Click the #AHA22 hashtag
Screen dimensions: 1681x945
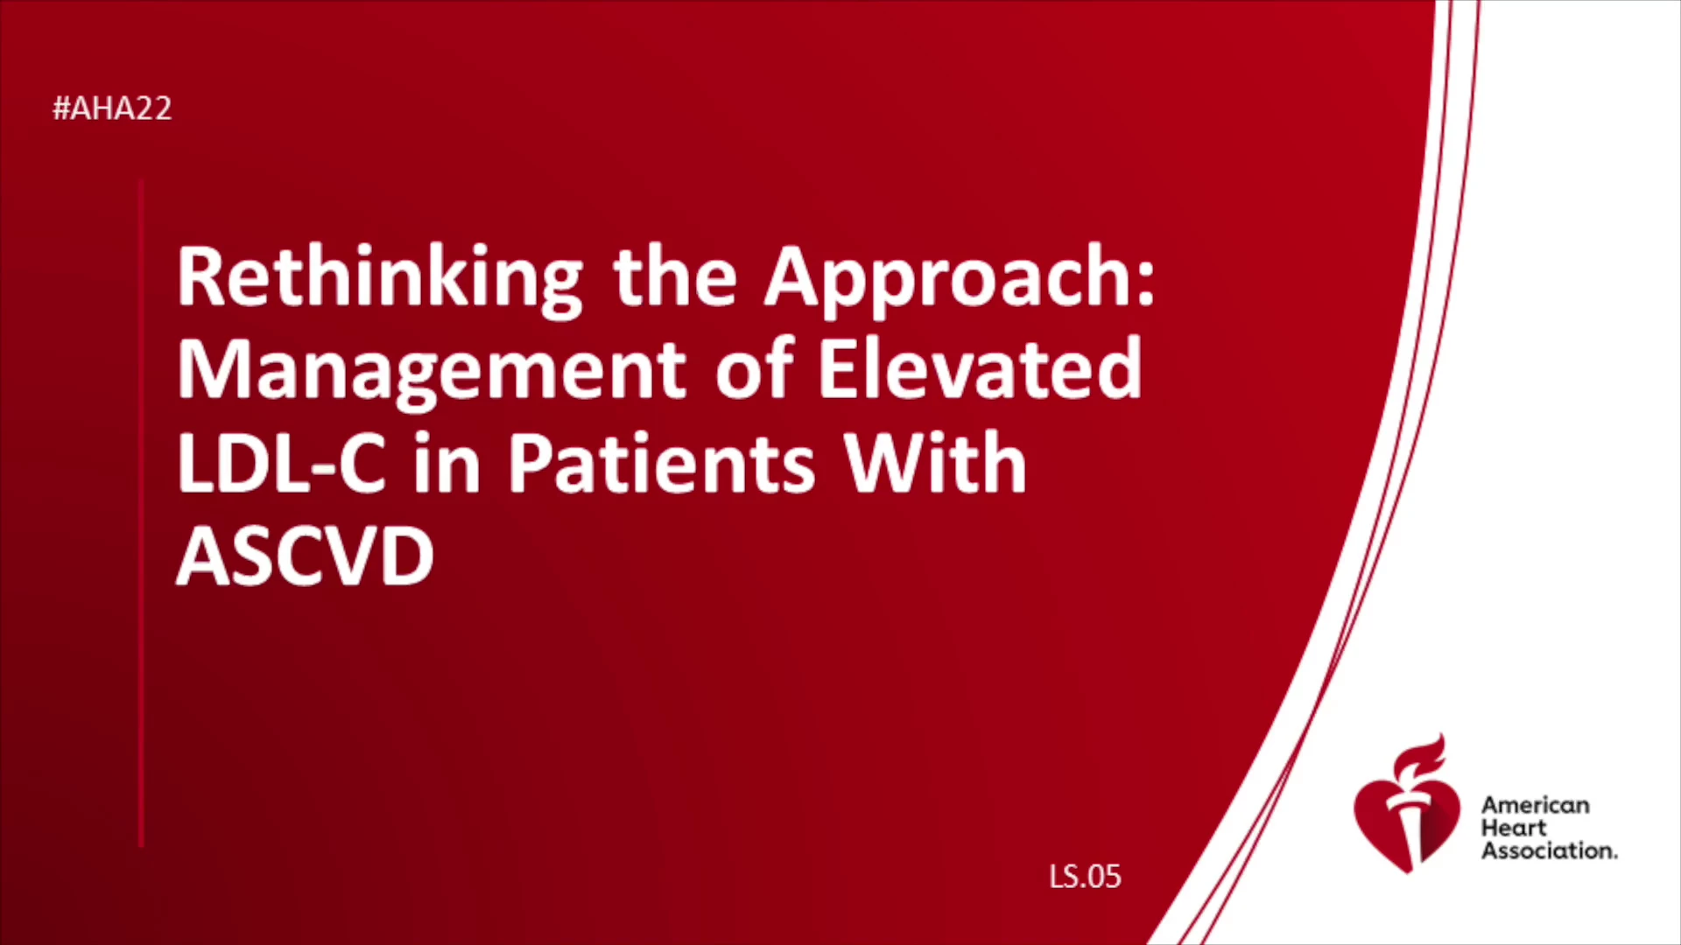(112, 108)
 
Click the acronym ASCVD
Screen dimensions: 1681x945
(306, 556)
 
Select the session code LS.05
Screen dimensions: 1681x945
(1085, 876)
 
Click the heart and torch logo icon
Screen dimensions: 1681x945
(1407, 804)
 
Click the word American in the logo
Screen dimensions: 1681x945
(1535, 805)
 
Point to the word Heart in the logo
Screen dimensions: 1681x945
(1514, 828)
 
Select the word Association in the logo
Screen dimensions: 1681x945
(1549, 850)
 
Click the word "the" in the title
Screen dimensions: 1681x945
(674, 277)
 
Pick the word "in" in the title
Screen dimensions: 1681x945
(447, 463)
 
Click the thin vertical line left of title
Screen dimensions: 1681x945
(141, 514)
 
